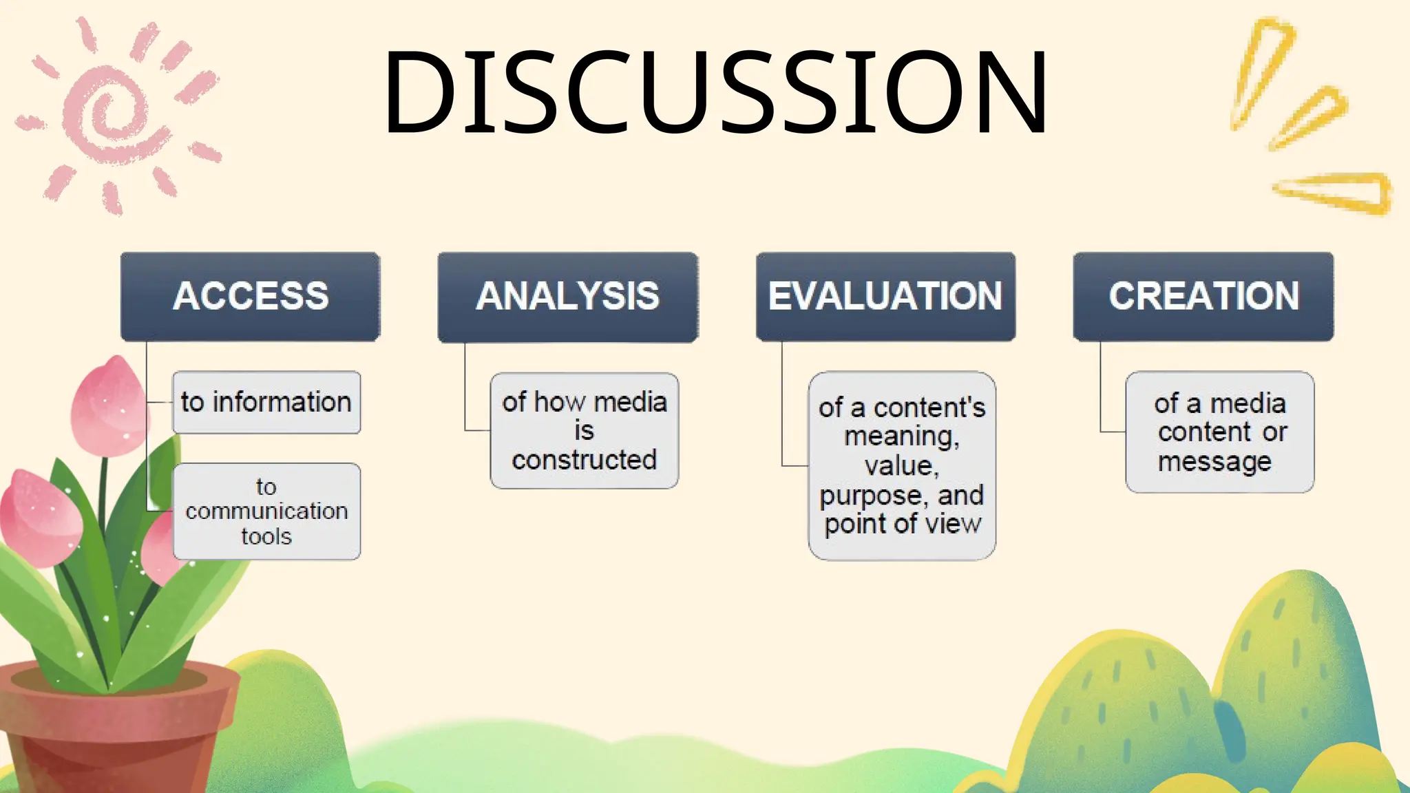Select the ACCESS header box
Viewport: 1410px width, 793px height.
point(251,297)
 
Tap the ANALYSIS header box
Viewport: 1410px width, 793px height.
point(568,297)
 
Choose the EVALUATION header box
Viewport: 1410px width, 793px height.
point(885,297)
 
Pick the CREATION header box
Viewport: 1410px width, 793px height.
point(1203,297)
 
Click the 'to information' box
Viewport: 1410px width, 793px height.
point(266,403)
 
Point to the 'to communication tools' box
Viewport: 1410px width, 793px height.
point(266,511)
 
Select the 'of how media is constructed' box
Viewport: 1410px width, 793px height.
point(585,431)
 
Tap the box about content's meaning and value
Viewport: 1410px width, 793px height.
point(902,466)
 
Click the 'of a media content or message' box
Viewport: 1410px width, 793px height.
point(1220,432)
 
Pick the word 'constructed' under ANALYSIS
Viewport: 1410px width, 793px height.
point(585,460)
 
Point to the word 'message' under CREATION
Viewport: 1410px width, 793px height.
point(1214,461)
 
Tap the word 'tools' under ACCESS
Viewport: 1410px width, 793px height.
point(266,536)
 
